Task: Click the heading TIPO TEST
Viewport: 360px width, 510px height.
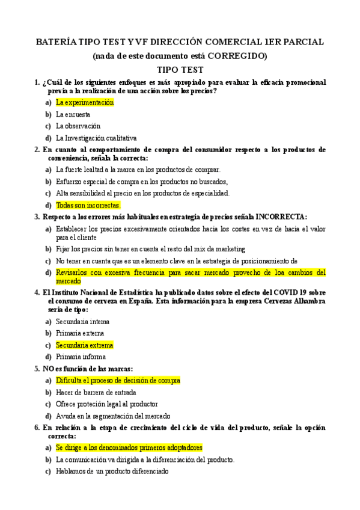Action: click(180, 70)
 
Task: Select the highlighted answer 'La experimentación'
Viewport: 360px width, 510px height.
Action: click(85, 102)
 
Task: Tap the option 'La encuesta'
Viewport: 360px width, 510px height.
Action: click(73, 114)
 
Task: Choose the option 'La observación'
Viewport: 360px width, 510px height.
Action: click(78, 126)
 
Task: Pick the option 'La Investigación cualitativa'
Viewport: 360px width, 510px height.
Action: click(96, 137)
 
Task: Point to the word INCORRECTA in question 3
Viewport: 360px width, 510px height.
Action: click(281, 217)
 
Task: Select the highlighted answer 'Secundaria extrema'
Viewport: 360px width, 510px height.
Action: click(84, 345)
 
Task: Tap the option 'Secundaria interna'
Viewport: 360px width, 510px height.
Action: click(82, 322)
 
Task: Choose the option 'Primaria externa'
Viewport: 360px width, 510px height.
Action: click(80, 333)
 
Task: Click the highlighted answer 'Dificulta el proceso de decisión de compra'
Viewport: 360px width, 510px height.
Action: click(118, 380)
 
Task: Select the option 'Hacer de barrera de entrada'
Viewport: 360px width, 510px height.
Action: click(95, 392)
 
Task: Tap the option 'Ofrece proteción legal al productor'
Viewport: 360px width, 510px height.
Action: click(107, 404)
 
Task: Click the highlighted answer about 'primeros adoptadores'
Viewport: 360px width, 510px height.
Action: click(129, 448)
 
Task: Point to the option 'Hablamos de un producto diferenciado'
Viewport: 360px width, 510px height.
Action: click(112, 472)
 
